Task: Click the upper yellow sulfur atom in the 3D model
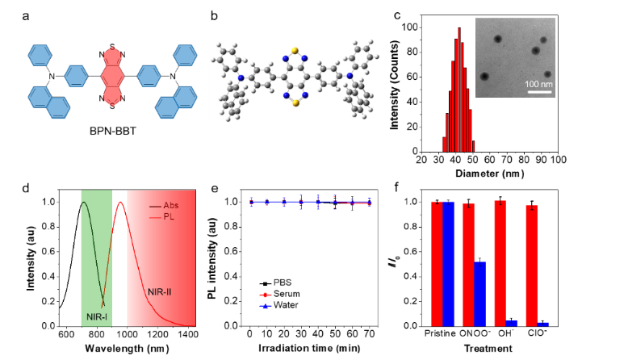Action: coord(296,48)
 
